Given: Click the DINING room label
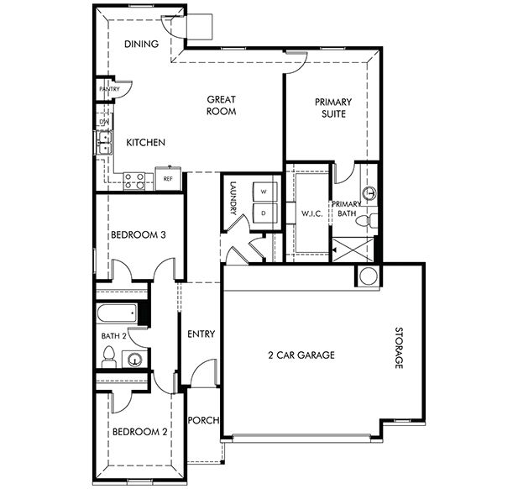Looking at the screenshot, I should (x=142, y=45).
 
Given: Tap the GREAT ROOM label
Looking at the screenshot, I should (x=222, y=105).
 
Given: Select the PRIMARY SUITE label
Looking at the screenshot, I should (x=333, y=108).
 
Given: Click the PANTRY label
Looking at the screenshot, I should (x=109, y=89).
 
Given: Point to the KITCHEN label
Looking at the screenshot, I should (x=145, y=143).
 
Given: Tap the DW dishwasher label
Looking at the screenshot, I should (x=104, y=123).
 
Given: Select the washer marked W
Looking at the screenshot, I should (x=264, y=192).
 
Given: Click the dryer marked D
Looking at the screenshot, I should (x=264, y=213).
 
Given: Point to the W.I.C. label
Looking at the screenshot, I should (x=312, y=214).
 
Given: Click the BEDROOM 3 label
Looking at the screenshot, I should (x=138, y=235).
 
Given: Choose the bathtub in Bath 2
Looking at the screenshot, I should (x=116, y=313).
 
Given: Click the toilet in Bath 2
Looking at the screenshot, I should (x=107, y=359).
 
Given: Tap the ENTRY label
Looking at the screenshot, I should (x=201, y=334).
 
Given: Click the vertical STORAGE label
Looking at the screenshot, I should (x=400, y=349).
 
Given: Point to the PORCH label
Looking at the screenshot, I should (x=202, y=420).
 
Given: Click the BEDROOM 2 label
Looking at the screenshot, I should (x=140, y=433).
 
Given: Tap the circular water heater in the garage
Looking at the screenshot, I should (x=368, y=276).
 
